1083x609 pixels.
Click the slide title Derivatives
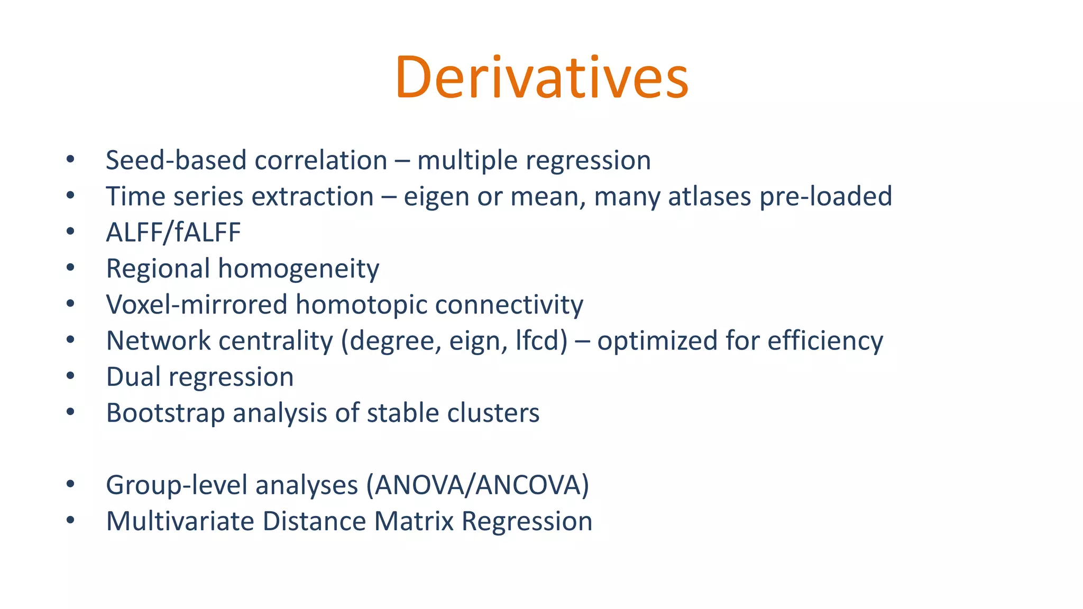click(x=541, y=78)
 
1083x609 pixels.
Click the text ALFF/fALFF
click(x=173, y=233)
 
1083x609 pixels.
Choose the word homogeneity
click(x=299, y=269)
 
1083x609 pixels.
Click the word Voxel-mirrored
click(x=196, y=305)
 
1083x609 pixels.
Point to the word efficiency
click(x=825, y=341)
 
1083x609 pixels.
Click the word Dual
click(x=133, y=377)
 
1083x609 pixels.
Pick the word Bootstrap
click(x=165, y=413)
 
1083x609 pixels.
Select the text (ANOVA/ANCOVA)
click(x=478, y=485)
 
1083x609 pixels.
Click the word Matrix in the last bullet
click(x=414, y=521)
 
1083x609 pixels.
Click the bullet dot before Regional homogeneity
click(x=70, y=268)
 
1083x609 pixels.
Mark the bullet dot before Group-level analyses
click(x=70, y=484)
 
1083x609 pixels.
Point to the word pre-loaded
click(x=825, y=196)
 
